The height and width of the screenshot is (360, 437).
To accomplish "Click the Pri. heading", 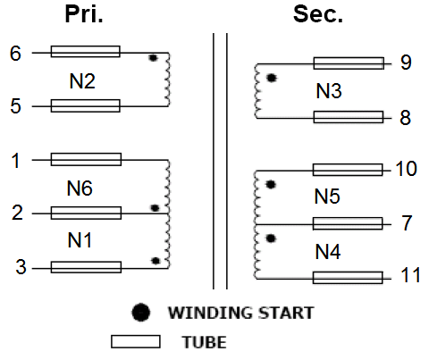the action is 84,14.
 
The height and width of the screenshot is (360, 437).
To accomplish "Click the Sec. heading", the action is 318,14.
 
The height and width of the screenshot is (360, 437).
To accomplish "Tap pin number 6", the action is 15,54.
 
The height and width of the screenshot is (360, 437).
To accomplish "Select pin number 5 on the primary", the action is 16,106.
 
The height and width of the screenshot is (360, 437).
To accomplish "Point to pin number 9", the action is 406,63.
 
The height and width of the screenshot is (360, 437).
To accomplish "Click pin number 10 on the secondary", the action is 407,169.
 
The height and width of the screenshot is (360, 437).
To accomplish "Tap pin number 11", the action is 411,275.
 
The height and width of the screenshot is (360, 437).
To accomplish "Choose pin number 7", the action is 407,223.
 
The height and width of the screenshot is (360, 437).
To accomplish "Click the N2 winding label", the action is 82,81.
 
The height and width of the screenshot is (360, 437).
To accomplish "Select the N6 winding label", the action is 80,188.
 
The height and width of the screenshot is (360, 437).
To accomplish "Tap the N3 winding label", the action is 329,91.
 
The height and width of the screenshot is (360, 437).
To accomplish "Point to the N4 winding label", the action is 328,252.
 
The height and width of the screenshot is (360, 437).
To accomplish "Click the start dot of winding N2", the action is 153,58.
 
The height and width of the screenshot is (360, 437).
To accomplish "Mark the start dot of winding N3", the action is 272,78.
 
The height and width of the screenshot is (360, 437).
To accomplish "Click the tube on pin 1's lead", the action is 86,159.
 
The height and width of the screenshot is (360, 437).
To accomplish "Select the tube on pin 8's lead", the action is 349,117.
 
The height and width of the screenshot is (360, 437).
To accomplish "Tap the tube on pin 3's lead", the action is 86,267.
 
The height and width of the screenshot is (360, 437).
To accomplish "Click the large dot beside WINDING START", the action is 140,313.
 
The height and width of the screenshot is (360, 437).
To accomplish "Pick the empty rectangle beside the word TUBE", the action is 136,341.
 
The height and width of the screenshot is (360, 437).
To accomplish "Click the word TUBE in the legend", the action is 205,342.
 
